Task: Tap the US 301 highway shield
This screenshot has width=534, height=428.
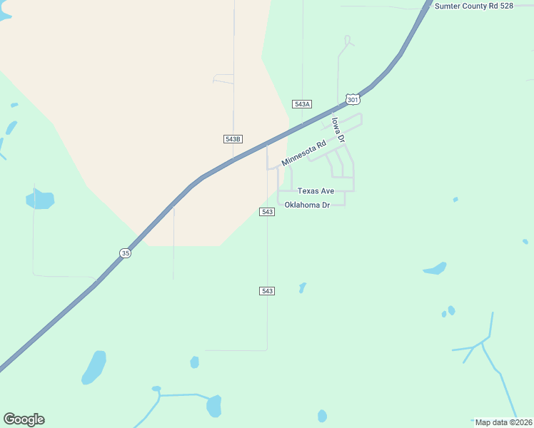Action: (352, 99)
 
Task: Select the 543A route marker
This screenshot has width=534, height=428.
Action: (302, 104)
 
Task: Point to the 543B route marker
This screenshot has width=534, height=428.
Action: (233, 139)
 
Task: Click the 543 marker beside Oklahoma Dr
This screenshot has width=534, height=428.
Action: (267, 212)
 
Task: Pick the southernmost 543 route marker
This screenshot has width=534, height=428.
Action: (267, 291)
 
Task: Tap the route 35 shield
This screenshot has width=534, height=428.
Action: (126, 253)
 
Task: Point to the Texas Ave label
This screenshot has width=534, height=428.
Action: (316, 191)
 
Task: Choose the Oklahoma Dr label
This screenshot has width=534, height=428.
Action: (306, 205)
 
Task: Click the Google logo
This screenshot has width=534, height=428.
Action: (24, 419)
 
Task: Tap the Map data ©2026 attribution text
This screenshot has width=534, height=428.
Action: (503, 422)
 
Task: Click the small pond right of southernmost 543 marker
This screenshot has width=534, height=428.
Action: (302, 287)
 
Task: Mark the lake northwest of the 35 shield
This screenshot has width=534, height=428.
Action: (40, 198)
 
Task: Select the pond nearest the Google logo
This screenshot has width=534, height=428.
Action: (94, 367)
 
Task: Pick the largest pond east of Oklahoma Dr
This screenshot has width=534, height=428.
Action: (435, 269)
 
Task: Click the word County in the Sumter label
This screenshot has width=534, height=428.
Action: (477, 6)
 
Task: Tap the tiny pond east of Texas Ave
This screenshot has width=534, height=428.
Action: (455, 200)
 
